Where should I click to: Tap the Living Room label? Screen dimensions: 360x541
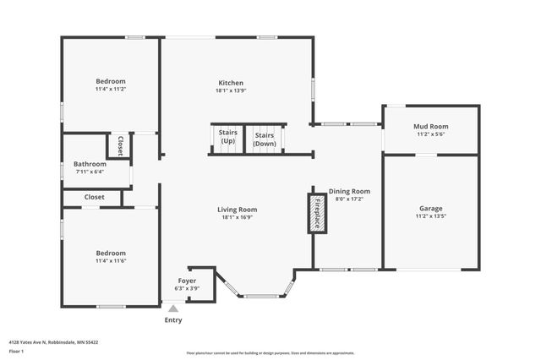coord(237,210)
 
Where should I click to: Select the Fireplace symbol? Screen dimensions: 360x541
coord(317,213)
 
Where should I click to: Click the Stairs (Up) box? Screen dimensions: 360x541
coord(227,139)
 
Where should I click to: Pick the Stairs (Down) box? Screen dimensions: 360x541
coord(265,139)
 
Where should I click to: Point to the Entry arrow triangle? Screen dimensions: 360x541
coord(173,309)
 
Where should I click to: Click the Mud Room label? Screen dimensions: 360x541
coord(431,126)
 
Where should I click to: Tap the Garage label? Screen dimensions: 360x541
coord(431,208)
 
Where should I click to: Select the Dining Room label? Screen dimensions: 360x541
coord(349,191)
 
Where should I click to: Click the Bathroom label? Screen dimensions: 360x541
coord(90,164)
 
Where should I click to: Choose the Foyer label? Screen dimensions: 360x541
coord(187,281)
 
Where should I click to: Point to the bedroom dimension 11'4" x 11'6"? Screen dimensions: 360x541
coord(111,260)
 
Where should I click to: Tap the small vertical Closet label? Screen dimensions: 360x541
coord(121,145)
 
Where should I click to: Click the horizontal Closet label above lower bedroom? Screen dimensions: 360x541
coord(94,197)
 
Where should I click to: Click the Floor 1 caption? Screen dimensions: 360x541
coord(17,350)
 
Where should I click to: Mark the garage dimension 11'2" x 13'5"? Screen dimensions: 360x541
coord(431,216)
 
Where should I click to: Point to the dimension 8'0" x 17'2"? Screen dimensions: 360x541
coord(349,199)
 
